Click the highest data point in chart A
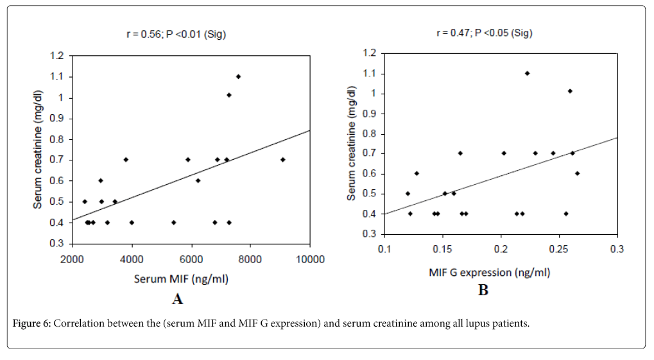click(238, 76)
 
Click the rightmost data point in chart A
click(282, 160)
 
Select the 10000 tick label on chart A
click(310, 259)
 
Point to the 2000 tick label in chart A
click(72, 259)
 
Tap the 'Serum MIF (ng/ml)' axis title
click(181, 279)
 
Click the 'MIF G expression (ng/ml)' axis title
click(489, 273)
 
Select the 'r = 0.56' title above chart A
click(175, 35)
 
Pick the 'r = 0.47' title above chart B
click(484, 33)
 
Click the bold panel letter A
click(178, 299)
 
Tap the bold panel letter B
click(483, 291)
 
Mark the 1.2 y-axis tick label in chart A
click(57, 56)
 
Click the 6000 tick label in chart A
click(191, 259)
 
